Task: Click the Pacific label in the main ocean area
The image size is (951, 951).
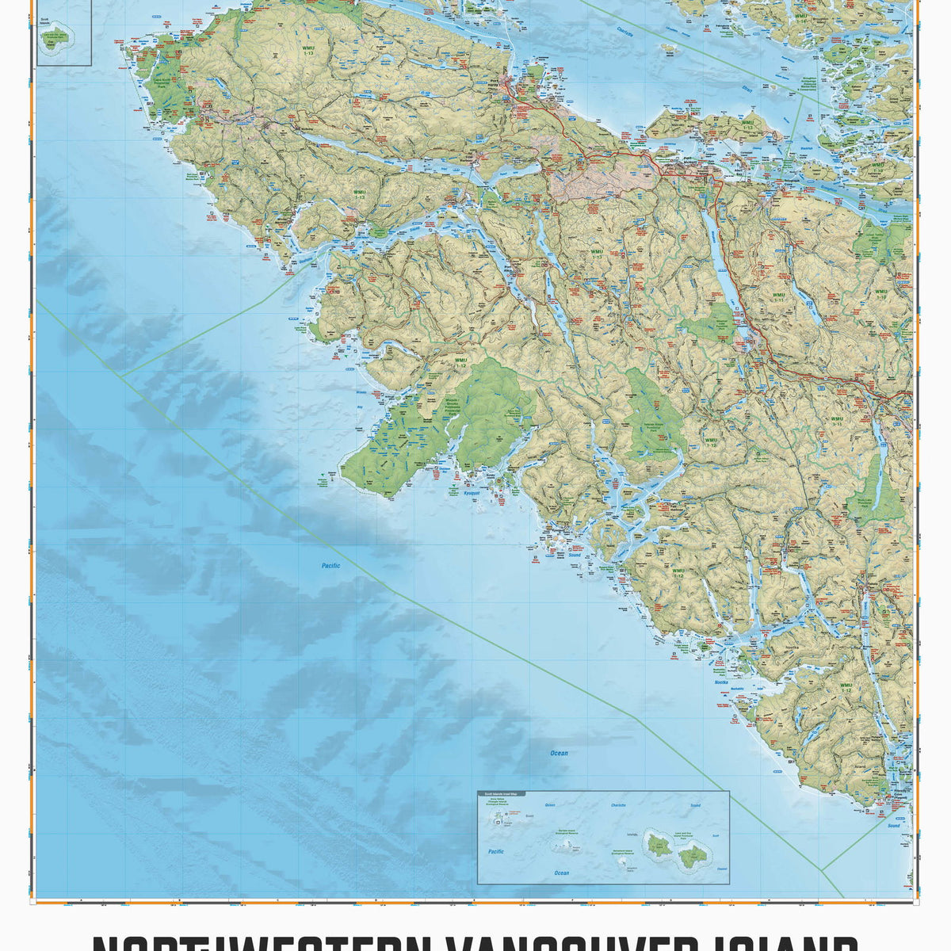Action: pyautogui.click(x=330, y=566)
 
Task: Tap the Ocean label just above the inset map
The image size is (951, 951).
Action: pyautogui.click(x=560, y=754)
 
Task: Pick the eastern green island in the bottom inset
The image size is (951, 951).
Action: pyautogui.click(x=693, y=854)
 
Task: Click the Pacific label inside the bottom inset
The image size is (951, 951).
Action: pyautogui.click(x=495, y=851)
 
